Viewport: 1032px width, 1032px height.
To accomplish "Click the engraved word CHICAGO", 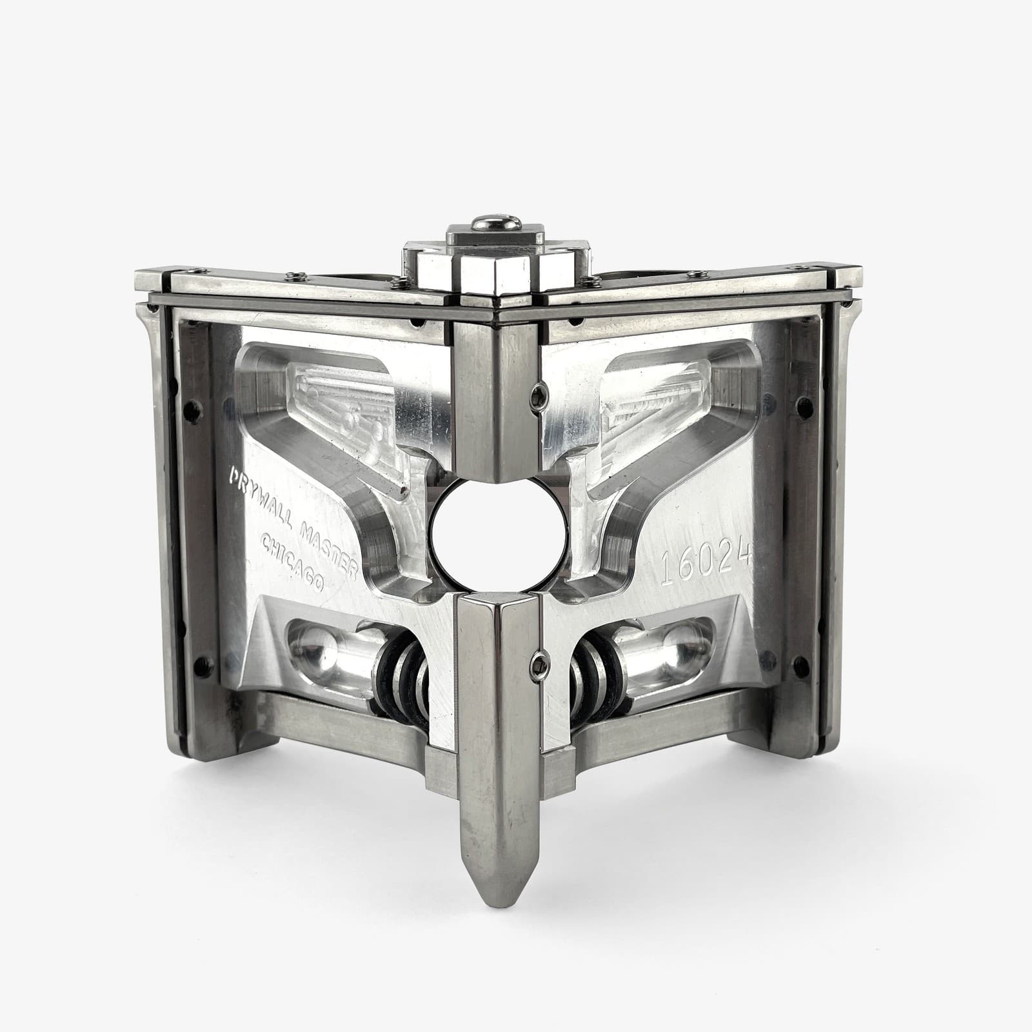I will coord(293,561).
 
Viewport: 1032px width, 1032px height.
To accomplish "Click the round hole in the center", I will coord(497,535).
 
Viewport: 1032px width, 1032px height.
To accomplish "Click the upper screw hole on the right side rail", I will coord(803,405).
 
